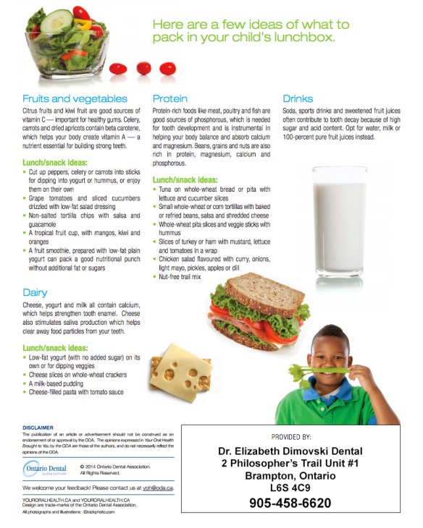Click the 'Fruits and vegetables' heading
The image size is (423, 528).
(x=75, y=98)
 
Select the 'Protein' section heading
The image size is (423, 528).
(x=170, y=98)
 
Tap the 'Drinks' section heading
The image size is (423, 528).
(x=298, y=98)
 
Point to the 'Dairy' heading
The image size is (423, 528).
(x=35, y=293)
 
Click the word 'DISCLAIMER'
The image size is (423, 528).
(x=38, y=427)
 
